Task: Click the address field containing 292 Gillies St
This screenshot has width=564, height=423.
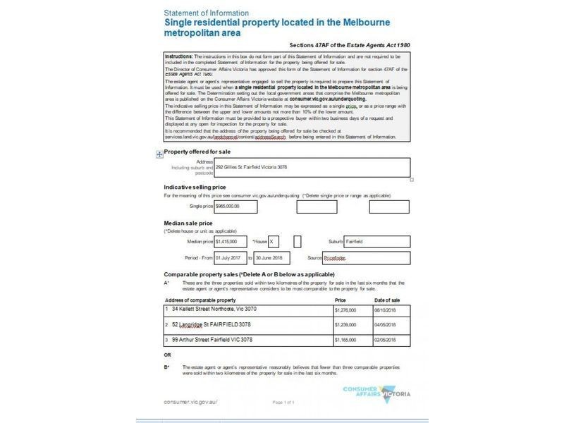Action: click(310, 167)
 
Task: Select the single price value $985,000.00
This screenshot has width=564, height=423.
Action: click(235, 206)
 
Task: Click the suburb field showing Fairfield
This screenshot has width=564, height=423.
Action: click(376, 241)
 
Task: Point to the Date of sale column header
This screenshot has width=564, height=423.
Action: click(388, 300)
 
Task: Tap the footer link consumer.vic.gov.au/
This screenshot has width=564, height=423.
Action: click(190, 401)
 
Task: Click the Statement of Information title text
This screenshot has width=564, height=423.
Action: click(206, 13)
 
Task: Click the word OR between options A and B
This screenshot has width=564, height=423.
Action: click(167, 355)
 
